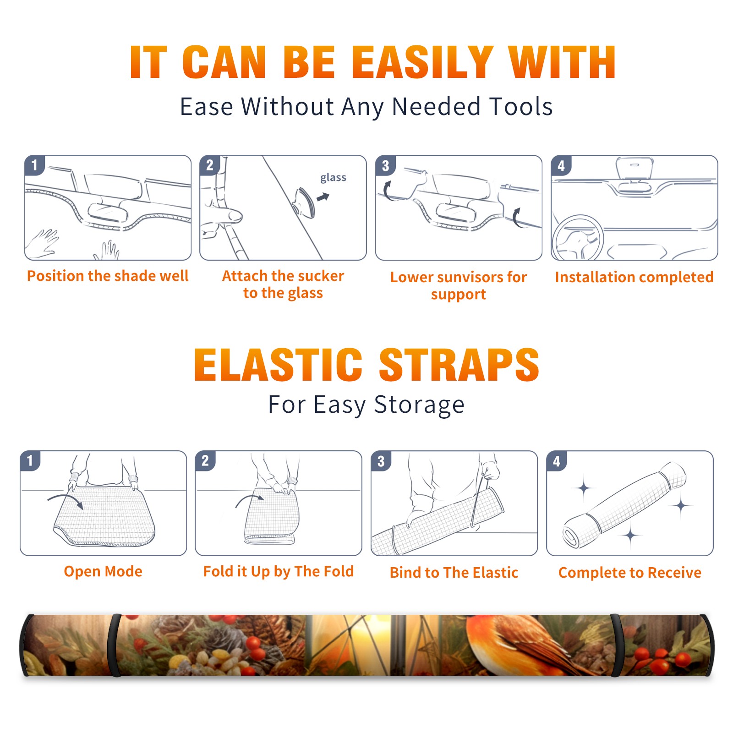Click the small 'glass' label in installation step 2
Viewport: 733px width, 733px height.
tap(333, 178)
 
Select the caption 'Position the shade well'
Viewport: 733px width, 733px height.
tap(108, 276)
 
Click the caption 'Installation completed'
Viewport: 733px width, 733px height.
tap(634, 277)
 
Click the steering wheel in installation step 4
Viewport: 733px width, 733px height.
tap(578, 238)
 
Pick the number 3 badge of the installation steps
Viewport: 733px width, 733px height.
tap(385, 165)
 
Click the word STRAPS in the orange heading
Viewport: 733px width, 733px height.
tap(459, 365)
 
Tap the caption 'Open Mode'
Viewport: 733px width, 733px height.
tap(103, 571)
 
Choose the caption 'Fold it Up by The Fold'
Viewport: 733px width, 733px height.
tap(279, 572)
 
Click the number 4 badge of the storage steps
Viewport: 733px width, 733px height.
tap(556, 461)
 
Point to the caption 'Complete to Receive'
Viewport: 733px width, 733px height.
tap(630, 573)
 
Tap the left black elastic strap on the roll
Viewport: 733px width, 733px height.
tap(115, 645)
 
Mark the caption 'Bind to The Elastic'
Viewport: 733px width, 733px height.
tap(454, 573)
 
